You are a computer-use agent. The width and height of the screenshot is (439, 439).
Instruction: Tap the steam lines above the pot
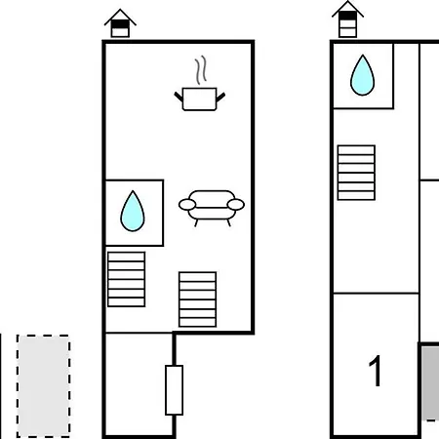(x=201, y=70)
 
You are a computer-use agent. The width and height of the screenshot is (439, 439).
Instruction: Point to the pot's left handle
(x=179, y=97)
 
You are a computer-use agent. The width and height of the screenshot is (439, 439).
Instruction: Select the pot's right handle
(x=220, y=97)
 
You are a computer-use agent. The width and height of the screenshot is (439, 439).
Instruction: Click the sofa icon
(x=212, y=208)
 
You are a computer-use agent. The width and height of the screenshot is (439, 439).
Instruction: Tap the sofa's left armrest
(x=187, y=205)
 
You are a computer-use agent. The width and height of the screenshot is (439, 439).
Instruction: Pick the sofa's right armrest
(x=236, y=205)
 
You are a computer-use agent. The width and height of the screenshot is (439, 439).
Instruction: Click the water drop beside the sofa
(x=133, y=212)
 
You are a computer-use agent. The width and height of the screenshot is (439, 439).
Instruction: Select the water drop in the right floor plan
(x=362, y=75)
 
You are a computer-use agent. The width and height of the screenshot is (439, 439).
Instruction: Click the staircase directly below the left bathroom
(x=127, y=279)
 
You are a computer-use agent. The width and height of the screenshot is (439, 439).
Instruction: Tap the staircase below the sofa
(x=197, y=299)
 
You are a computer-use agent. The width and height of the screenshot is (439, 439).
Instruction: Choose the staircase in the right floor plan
(x=356, y=173)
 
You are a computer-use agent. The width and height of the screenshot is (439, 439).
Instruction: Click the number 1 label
(x=375, y=371)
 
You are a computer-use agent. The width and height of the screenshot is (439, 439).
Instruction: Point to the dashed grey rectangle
(x=43, y=386)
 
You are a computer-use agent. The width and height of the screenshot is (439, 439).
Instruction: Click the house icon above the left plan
(x=120, y=23)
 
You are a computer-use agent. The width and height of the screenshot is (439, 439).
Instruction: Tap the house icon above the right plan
(x=347, y=20)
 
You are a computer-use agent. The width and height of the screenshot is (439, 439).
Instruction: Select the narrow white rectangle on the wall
(x=174, y=390)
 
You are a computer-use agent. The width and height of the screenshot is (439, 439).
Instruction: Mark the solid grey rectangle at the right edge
(x=430, y=382)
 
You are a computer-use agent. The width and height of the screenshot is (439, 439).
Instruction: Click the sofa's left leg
(x=196, y=222)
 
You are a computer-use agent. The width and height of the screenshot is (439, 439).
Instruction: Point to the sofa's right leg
(x=229, y=222)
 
